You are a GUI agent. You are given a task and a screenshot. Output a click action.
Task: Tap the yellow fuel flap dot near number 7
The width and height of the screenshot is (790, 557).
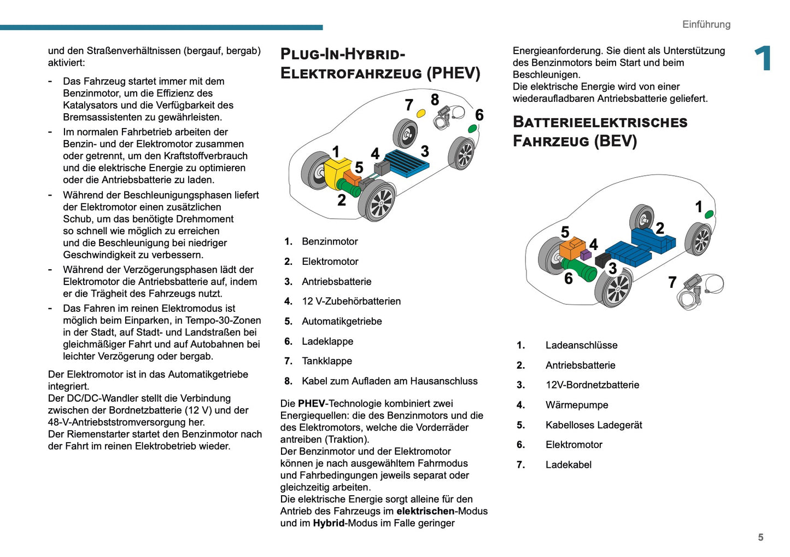tap(421, 113)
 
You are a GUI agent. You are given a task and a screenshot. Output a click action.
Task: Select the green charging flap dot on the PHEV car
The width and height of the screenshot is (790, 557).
tap(472, 129)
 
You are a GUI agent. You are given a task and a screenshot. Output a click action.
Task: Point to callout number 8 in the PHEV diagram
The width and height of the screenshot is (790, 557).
tap(435, 100)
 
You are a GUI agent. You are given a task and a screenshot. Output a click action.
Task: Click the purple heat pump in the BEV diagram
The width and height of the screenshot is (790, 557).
tap(586, 254)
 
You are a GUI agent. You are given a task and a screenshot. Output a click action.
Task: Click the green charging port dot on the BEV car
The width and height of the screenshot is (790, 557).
tap(709, 214)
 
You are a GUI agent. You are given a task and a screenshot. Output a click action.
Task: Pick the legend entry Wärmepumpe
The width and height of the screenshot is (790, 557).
tap(576, 405)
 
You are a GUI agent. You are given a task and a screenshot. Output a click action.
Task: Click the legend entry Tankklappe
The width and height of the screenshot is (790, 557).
tap(326, 361)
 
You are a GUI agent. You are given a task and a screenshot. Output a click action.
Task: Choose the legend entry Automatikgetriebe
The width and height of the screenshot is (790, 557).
tap(342, 321)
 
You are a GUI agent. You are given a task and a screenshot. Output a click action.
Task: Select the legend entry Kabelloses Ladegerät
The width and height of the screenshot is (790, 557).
tap(593, 425)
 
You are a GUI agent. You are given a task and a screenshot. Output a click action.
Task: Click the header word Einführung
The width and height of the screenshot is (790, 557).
tap(706, 25)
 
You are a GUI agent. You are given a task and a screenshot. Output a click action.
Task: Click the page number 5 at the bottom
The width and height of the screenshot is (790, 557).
tap(760, 537)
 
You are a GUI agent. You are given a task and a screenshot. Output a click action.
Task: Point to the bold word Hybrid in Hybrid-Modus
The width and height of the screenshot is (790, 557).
tap(329, 523)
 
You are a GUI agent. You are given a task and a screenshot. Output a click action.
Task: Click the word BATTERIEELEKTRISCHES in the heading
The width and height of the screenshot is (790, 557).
tap(600, 122)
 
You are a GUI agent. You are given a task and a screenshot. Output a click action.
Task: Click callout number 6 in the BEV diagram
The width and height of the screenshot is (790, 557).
tap(569, 278)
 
